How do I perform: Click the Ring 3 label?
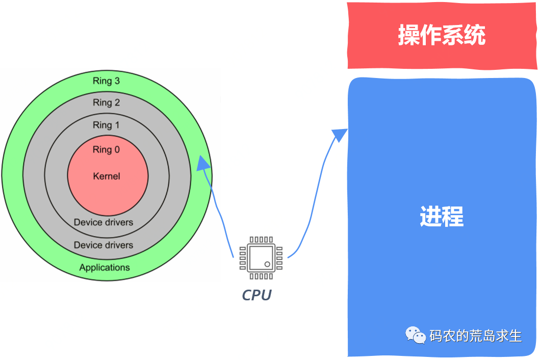(106, 81)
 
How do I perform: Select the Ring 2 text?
(106, 102)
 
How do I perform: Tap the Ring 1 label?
(106, 125)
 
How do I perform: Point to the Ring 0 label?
(106, 149)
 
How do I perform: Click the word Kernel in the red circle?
(107, 176)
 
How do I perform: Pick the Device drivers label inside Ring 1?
(103, 222)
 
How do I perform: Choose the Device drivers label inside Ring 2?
(103, 245)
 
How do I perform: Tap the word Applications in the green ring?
(105, 267)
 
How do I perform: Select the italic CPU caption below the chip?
(256, 295)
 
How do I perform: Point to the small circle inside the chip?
(267, 264)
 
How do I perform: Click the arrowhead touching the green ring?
(203, 163)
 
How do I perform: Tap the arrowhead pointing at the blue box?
(339, 135)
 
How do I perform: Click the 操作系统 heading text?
(442, 36)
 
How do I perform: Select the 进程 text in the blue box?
(442, 217)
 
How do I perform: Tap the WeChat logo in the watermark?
(416, 335)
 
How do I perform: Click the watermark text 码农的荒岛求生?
(475, 336)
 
